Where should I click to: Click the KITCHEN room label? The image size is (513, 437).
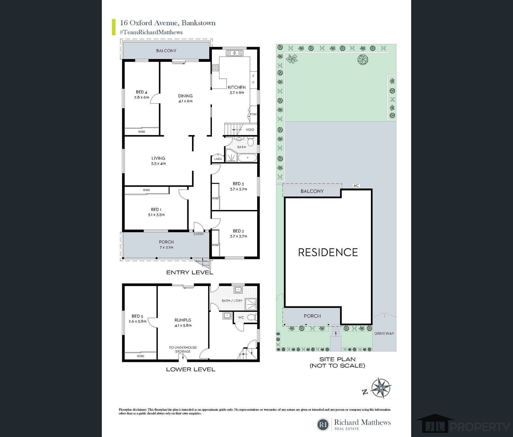[x=237, y=87]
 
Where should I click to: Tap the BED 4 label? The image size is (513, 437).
[x=141, y=92]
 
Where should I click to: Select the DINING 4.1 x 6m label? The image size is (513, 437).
[x=185, y=98]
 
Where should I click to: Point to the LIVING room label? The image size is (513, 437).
[x=158, y=158]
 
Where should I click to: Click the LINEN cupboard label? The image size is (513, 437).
[x=218, y=159]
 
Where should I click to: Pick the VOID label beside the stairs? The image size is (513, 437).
[x=250, y=130]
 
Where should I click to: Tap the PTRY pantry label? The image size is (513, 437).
[x=253, y=114]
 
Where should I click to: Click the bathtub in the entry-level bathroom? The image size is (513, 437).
[x=247, y=158]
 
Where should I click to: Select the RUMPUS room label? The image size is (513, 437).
[x=183, y=320]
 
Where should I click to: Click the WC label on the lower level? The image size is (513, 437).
[x=241, y=317]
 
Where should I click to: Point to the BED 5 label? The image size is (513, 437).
[x=137, y=316]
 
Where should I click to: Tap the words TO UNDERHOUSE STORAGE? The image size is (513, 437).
[x=183, y=349]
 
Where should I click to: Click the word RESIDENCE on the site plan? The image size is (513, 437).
[x=328, y=252]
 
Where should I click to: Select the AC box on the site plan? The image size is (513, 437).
[x=356, y=186]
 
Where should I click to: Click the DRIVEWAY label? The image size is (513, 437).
[x=384, y=333]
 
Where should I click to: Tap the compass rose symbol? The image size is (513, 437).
[x=381, y=388]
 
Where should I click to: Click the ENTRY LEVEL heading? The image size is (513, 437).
[x=190, y=272]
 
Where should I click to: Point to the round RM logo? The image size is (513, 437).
[x=323, y=425]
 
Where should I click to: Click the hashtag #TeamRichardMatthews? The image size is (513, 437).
[x=151, y=32]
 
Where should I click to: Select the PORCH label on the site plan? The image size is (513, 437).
[x=312, y=316]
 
